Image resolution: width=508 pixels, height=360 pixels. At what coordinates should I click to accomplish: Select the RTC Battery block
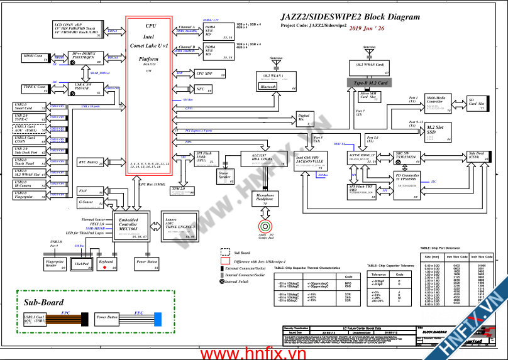click(91, 162)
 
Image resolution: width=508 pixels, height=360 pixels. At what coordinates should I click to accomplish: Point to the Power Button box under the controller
click(147, 262)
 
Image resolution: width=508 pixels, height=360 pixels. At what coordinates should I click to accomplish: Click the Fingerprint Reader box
click(55, 263)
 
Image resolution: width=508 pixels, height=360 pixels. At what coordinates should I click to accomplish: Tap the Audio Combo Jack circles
click(263, 225)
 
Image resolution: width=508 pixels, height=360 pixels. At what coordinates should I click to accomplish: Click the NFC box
click(201, 89)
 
